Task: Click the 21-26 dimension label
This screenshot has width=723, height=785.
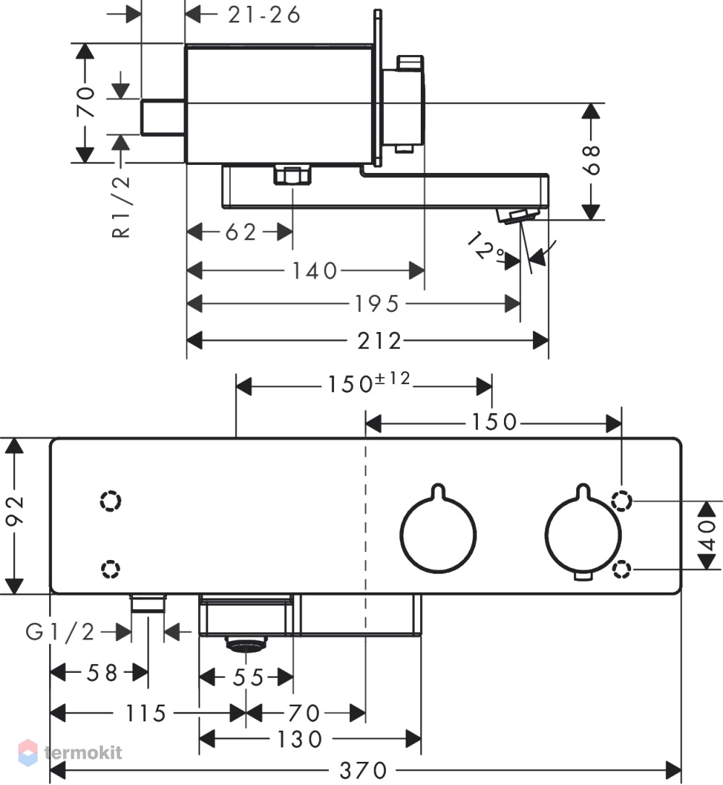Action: click(x=264, y=14)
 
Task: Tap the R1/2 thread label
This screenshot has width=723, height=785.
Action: click(x=121, y=207)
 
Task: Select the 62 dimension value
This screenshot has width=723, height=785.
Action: click(x=241, y=232)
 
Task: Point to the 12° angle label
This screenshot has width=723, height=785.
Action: click(x=485, y=245)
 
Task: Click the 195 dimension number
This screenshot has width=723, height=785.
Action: click(x=377, y=304)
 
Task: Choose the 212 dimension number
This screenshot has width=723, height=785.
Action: click(x=380, y=341)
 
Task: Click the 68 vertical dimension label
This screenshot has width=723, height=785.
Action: click(x=591, y=160)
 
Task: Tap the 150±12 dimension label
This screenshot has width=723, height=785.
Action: click(x=369, y=383)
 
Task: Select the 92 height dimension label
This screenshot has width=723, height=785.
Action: click(x=14, y=511)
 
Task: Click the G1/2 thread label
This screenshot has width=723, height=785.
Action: click(x=60, y=632)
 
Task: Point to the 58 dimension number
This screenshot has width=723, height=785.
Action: click(x=102, y=673)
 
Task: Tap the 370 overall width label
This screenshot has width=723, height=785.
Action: click(x=363, y=770)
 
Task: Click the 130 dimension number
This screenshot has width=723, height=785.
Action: click(x=300, y=739)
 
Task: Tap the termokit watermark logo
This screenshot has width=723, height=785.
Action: click(x=70, y=752)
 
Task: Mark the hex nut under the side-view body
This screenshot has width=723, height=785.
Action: click(x=293, y=175)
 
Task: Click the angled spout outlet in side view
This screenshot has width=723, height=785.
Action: click(x=517, y=217)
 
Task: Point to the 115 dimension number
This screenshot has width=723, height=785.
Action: click(x=145, y=713)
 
